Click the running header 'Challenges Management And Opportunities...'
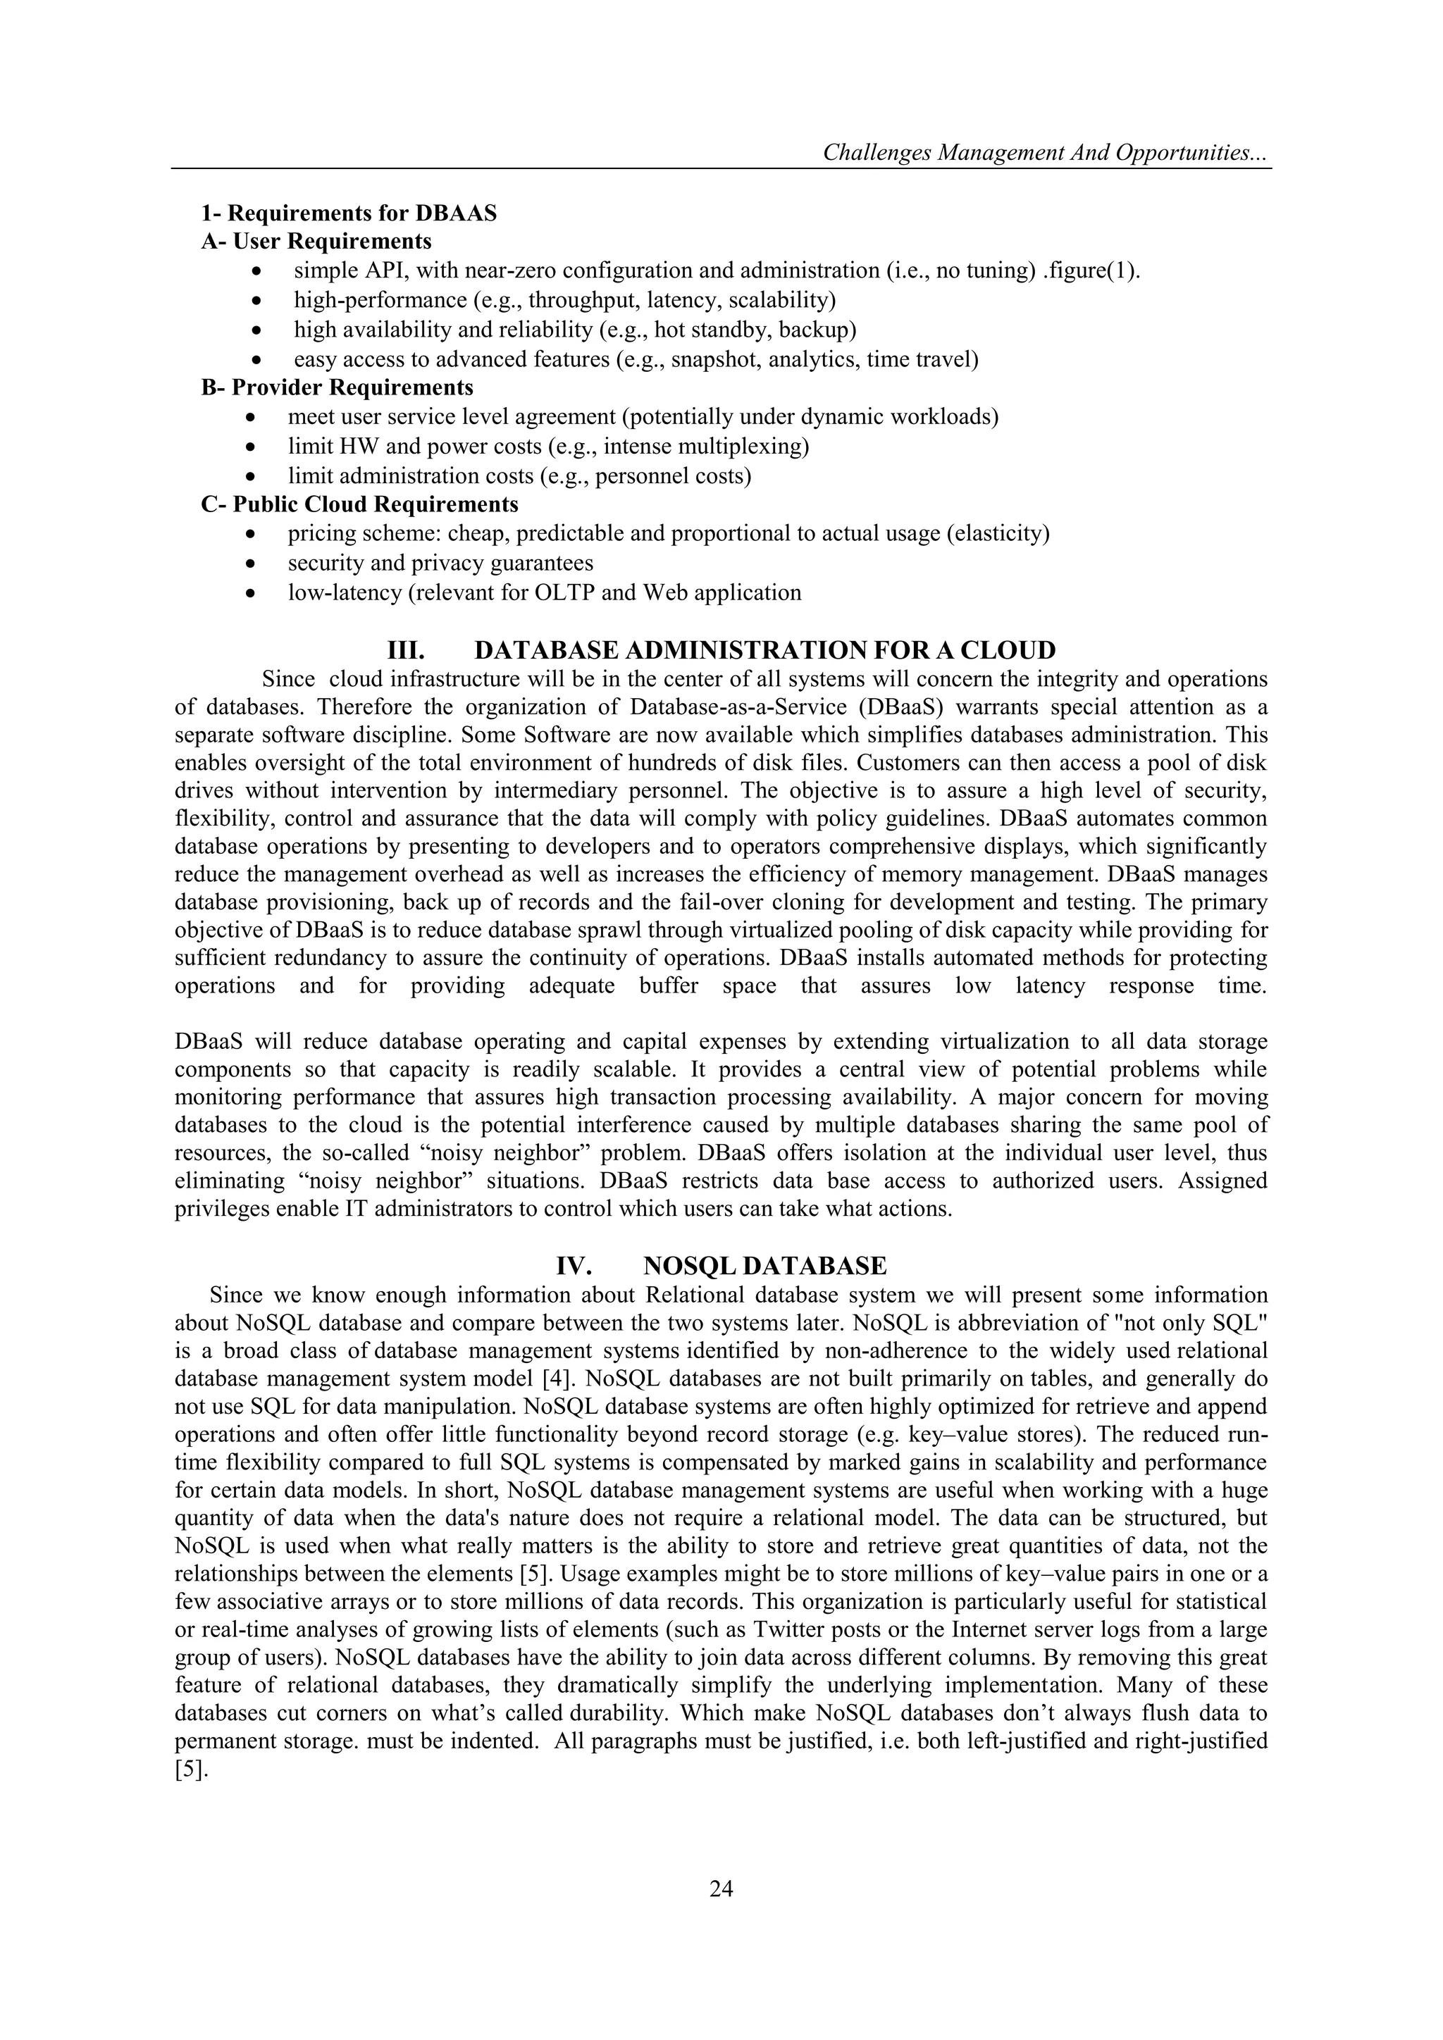[1046, 153]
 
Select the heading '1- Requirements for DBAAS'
[348, 213]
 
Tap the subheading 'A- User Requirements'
[316, 242]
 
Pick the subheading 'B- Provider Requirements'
[337, 387]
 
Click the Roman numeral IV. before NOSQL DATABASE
[574, 1266]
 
